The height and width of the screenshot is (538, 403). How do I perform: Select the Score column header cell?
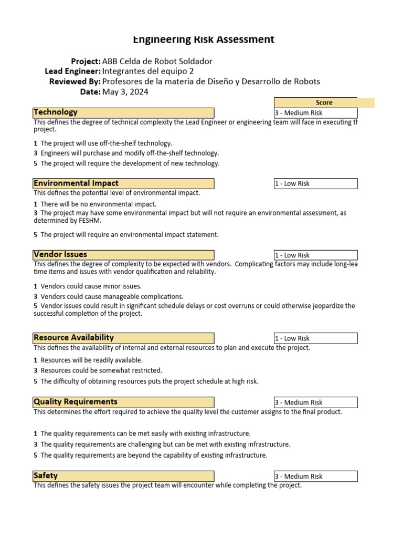click(x=324, y=102)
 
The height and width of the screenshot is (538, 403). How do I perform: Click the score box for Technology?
click(x=315, y=113)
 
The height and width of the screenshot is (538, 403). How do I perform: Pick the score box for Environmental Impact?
click(x=315, y=183)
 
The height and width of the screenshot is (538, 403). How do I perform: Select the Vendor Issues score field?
click(x=315, y=255)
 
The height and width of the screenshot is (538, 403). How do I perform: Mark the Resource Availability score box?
click(x=315, y=338)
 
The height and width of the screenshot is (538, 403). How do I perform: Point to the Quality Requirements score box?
click(x=315, y=402)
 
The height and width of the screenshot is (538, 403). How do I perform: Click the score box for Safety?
click(x=315, y=477)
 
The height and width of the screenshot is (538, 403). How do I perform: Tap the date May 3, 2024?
click(x=125, y=92)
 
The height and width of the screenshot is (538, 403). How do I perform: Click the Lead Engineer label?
click(x=73, y=71)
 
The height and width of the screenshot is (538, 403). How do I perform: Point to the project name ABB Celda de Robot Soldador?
click(x=157, y=61)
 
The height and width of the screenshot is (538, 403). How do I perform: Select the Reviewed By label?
click(x=75, y=81)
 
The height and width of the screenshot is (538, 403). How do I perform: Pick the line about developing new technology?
click(x=130, y=163)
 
